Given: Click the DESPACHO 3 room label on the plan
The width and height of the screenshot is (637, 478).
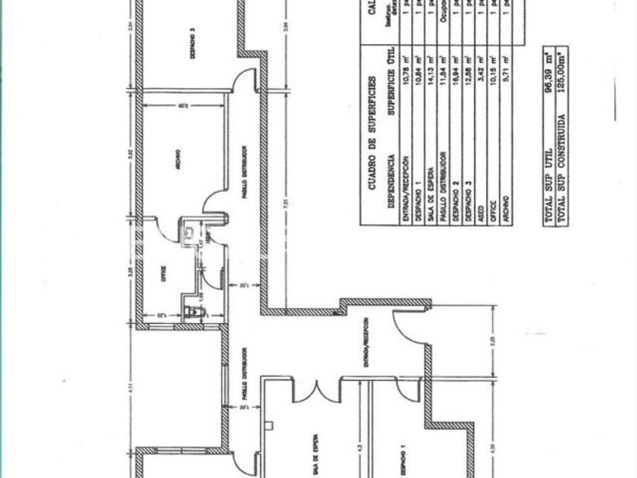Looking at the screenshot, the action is pos(193,43).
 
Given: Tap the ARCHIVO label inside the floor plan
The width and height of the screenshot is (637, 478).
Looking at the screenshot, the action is pos(176,160).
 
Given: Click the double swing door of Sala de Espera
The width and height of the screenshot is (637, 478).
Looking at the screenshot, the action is pos(316,389).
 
